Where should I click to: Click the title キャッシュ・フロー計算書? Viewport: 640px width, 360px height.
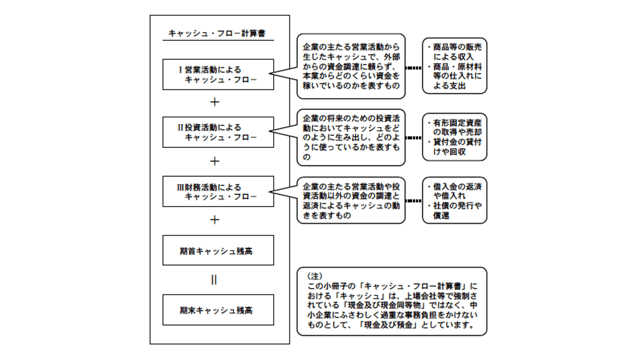217,33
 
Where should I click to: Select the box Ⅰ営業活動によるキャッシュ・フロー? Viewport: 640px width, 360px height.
218,75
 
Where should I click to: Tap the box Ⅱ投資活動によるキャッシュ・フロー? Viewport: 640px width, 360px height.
218,132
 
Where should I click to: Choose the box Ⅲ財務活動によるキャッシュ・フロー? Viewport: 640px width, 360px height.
218,192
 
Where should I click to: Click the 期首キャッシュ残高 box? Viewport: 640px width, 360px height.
218,251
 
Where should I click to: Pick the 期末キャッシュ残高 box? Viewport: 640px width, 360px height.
218,310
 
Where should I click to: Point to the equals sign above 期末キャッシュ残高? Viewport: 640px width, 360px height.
214,280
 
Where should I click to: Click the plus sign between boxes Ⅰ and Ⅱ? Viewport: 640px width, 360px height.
215,102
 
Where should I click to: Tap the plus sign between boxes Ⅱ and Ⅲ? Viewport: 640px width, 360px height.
215,161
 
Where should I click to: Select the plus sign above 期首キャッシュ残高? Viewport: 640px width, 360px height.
215,220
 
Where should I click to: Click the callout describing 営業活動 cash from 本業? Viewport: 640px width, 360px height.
351,66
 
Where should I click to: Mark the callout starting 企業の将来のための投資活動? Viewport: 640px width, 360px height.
351,138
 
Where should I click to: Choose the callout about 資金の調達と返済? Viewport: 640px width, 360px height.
351,200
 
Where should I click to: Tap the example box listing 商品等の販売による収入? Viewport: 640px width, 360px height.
454,66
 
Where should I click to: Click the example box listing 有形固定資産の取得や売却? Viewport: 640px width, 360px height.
454,137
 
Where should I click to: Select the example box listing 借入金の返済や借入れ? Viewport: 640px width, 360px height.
454,200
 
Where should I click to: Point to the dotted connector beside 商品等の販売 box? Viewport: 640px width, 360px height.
414,68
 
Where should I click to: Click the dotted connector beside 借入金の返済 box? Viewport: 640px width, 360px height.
414,201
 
